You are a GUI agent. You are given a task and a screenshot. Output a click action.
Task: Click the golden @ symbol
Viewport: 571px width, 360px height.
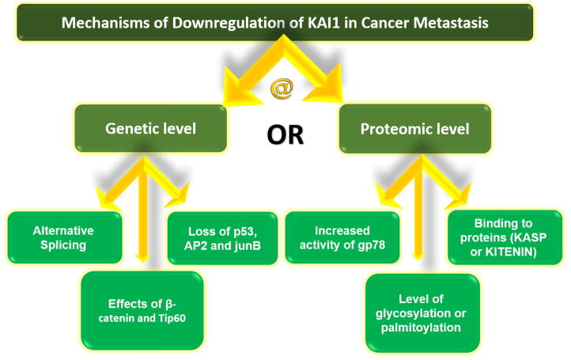[x=282, y=89]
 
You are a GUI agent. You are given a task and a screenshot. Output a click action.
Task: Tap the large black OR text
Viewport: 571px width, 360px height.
[x=285, y=135]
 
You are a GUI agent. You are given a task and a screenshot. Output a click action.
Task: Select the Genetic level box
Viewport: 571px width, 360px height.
[x=151, y=128]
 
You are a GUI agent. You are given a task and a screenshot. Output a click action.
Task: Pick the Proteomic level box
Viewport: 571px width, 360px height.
[x=414, y=129]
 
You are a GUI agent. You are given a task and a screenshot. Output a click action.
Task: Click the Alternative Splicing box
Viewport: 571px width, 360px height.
[x=65, y=237]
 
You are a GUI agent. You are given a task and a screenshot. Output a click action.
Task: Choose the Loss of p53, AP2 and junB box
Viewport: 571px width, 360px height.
[x=222, y=238]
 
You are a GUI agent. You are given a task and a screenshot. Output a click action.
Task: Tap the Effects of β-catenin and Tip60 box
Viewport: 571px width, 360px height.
[x=142, y=311]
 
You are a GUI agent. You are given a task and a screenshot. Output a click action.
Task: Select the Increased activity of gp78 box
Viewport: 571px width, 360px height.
[x=342, y=237]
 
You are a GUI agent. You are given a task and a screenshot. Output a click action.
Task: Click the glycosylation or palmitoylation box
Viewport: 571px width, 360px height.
[x=422, y=313]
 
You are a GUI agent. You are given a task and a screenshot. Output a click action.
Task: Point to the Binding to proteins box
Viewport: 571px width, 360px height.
[x=505, y=237]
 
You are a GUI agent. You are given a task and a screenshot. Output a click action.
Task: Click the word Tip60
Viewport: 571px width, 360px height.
[x=172, y=318]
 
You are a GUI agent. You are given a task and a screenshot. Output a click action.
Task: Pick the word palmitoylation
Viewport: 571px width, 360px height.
[x=421, y=328]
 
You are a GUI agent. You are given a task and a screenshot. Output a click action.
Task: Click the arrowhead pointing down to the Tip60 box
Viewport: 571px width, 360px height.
[x=142, y=257]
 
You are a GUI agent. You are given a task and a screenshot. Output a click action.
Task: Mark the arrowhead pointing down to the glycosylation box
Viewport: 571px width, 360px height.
[x=418, y=256]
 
